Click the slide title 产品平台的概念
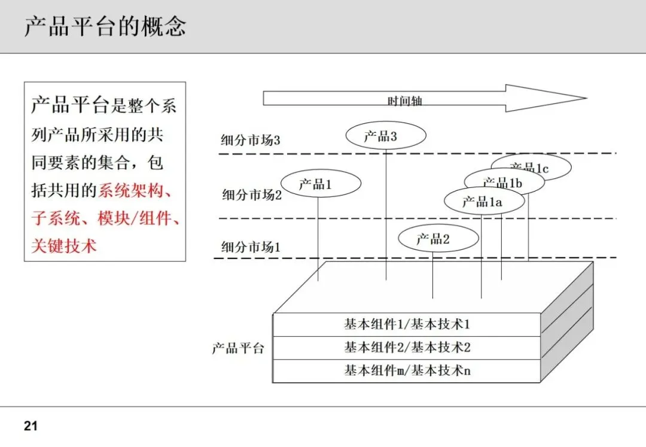pyautogui.click(x=105, y=27)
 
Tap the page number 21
pyautogui.click(x=31, y=426)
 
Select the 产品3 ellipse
pyautogui.click(x=386, y=136)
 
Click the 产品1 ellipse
pyautogui.click(x=321, y=184)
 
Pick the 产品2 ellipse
pyautogui.click(x=438, y=239)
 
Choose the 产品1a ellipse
pyautogui.click(x=483, y=202)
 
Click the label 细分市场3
pyautogui.click(x=251, y=141)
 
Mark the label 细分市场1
pyautogui.click(x=251, y=246)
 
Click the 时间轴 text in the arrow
pyautogui.click(x=405, y=101)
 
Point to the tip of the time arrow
pyautogui.click(x=584, y=98)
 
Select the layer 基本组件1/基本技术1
pyautogui.click(x=407, y=324)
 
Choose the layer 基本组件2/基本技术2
pyautogui.click(x=407, y=347)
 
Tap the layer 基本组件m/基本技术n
pyautogui.click(x=407, y=370)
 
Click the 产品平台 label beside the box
pyautogui.click(x=237, y=348)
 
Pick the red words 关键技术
pyautogui.click(x=63, y=245)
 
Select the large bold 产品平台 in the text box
pyautogui.click(x=69, y=106)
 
